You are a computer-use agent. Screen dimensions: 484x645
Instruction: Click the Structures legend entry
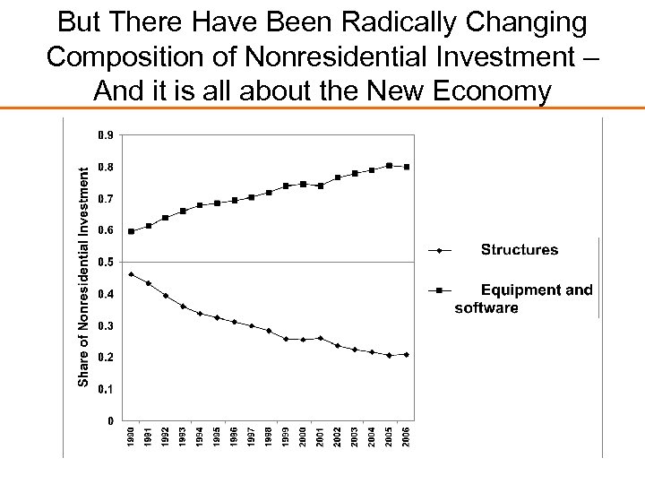tap(519, 250)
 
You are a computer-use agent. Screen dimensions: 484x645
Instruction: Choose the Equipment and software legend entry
tap(524, 298)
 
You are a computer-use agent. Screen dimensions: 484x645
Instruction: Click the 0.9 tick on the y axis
tap(105, 135)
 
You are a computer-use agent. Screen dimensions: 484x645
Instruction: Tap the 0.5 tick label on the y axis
tap(105, 262)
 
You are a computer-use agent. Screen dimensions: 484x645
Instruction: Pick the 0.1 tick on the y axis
tap(105, 389)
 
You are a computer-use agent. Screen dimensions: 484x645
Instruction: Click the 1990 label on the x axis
tap(131, 438)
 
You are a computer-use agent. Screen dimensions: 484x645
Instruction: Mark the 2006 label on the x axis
tap(406, 438)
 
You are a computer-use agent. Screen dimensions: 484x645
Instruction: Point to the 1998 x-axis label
tap(269, 438)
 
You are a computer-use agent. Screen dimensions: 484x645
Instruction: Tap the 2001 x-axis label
tap(321, 438)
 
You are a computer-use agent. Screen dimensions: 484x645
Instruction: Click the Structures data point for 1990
tap(131, 274)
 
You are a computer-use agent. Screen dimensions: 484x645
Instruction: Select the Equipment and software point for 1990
tap(131, 231)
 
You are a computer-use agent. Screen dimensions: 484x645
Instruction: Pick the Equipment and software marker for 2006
tap(407, 167)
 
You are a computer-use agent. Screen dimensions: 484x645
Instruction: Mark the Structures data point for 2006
tap(407, 355)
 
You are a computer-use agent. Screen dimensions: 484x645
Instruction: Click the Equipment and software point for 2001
tap(321, 186)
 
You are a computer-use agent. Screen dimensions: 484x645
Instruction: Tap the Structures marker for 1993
tap(183, 307)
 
